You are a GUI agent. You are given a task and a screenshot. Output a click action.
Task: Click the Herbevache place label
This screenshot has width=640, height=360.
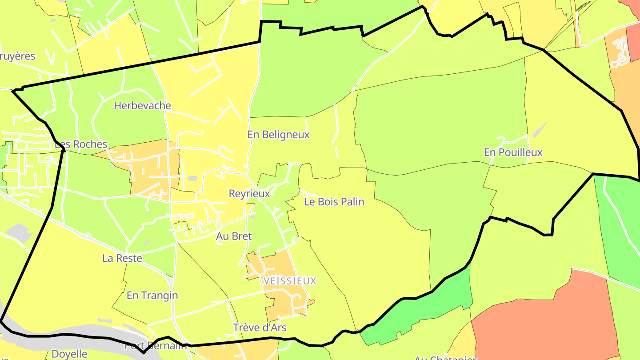pyautogui.click(x=142, y=106)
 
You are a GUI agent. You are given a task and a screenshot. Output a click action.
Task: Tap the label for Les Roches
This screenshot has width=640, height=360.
pyautogui.click(x=81, y=144)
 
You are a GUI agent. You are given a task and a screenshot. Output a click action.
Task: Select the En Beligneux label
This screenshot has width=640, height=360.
pyautogui.click(x=278, y=135)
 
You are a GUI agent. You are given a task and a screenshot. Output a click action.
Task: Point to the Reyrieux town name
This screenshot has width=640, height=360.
pyautogui.click(x=249, y=194)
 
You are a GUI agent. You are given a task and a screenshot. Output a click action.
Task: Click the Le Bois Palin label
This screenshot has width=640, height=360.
pyautogui.click(x=334, y=202)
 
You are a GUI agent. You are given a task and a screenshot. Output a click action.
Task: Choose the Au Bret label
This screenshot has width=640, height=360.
pyautogui.click(x=234, y=236)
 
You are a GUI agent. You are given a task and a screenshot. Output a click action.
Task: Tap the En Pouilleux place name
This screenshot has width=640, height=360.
pyautogui.click(x=513, y=152)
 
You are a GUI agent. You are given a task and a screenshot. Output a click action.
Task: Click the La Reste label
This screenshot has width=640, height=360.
pyautogui.click(x=122, y=258)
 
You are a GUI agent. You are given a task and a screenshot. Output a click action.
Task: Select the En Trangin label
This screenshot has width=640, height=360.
pyautogui.click(x=152, y=296)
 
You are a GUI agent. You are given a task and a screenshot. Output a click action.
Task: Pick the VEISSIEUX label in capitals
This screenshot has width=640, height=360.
pyautogui.click(x=290, y=281)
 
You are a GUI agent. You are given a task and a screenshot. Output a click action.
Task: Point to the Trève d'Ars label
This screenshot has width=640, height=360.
pyautogui.click(x=260, y=328)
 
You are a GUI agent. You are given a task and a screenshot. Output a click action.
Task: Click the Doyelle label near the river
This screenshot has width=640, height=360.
pyautogui.click(x=70, y=354)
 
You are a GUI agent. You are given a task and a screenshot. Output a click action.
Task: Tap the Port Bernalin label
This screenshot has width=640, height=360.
pyautogui.click(x=156, y=346)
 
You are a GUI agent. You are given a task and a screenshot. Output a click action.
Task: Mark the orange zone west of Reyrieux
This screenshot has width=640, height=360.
pyautogui.click(x=147, y=169)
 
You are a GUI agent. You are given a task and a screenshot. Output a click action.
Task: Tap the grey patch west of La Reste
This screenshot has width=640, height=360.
pyautogui.click(x=18, y=232)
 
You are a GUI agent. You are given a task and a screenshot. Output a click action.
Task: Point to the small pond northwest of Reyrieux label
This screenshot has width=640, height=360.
pyautogui.click(x=192, y=179)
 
